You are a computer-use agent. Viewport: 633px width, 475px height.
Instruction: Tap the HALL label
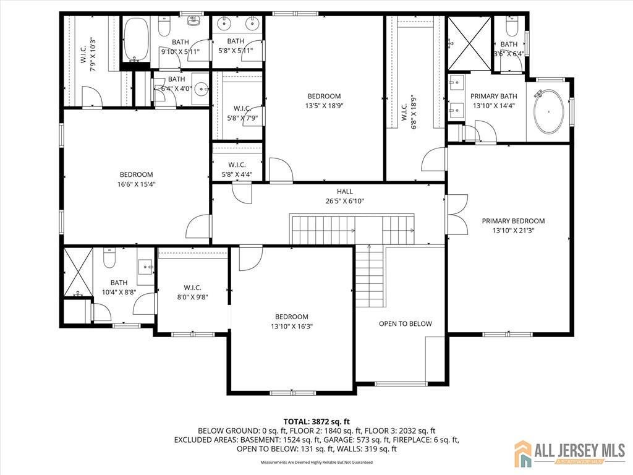pyautogui.click(x=345, y=192)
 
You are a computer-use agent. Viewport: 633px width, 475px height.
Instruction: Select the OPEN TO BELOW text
pyautogui.click(x=406, y=323)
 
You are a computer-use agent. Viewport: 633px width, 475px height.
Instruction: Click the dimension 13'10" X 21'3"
pyautogui.click(x=513, y=230)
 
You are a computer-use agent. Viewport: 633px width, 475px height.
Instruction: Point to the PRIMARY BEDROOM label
pyautogui.click(x=513, y=221)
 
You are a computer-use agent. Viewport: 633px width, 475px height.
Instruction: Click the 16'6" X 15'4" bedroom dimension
pyautogui.click(x=136, y=184)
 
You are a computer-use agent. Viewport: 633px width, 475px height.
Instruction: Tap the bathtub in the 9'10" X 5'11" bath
pyautogui.click(x=136, y=38)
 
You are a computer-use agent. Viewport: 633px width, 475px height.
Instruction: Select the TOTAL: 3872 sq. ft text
pyautogui.click(x=316, y=420)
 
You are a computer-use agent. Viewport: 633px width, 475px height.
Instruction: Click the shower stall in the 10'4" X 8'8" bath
pyautogui.click(x=77, y=272)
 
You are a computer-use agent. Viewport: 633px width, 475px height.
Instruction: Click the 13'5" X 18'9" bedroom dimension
pyautogui.click(x=324, y=105)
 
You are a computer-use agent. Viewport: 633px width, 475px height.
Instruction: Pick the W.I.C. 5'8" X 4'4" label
pyautogui.click(x=237, y=169)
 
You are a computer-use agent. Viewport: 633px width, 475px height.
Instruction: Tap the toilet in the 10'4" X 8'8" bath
pyautogui.click(x=109, y=258)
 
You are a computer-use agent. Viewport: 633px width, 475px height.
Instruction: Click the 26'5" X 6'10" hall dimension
pyautogui.click(x=345, y=201)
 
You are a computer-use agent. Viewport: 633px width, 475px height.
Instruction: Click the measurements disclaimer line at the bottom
pyautogui.click(x=316, y=462)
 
